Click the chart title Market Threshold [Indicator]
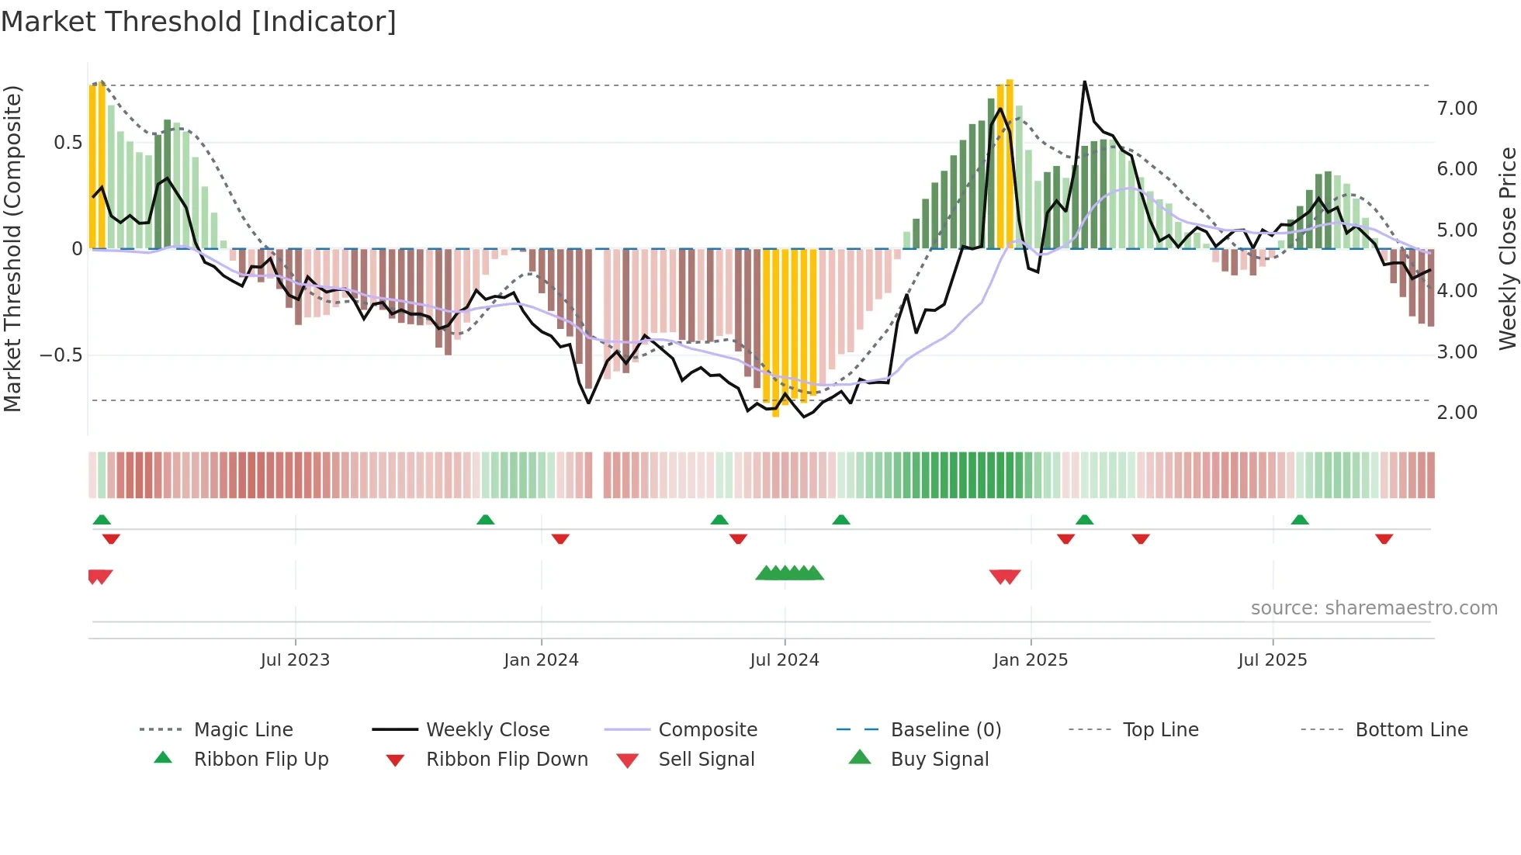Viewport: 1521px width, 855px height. pos(199,22)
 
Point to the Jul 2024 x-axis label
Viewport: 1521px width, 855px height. pos(784,660)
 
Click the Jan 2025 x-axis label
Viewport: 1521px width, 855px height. pos(1030,660)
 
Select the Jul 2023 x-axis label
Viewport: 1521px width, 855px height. pos(295,660)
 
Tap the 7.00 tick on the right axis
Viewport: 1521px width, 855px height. pos(1457,109)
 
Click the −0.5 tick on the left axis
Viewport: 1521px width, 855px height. pos(61,355)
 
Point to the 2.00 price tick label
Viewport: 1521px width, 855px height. pos(1457,413)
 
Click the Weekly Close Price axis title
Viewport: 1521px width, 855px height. pos(1507,248)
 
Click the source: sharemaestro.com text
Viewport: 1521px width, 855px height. pos(1374,608)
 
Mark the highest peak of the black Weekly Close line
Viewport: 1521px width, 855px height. pos(1084,81)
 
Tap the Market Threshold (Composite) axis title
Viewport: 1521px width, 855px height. pos(12,248)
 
